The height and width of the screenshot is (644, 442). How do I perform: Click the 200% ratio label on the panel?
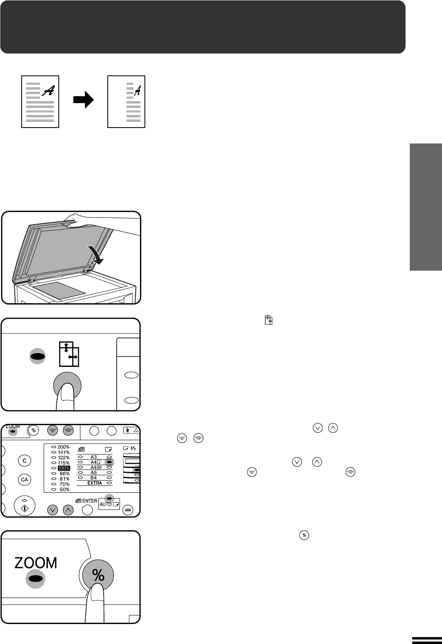tap(63, 447)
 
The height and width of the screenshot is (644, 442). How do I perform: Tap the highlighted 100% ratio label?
tap(64, 468)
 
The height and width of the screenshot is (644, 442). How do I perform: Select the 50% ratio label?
tap(64, 490)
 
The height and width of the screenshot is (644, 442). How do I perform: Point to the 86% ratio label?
tap(64, 474)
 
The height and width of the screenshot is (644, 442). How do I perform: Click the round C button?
tap(24, 461)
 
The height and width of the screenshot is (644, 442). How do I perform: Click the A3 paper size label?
tap(93, 457)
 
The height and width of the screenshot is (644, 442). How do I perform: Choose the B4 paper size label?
tap(93, 478)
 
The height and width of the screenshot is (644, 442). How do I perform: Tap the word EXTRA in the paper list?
tap(95, 483)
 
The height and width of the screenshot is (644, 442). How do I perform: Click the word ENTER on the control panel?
tap(89, 501)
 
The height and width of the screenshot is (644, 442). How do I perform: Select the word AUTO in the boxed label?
tap(105, 504)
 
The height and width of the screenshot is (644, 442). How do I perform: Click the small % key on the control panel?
tap(34, 430)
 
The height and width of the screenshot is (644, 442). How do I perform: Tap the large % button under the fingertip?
tap(98, 575)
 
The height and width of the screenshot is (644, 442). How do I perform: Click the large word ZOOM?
tap(36, 562)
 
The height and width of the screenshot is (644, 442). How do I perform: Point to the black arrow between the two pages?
tap(84, 100)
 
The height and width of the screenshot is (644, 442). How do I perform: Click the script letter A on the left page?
tap(49, 91)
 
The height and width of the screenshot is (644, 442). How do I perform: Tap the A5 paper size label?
tap(93, 473)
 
